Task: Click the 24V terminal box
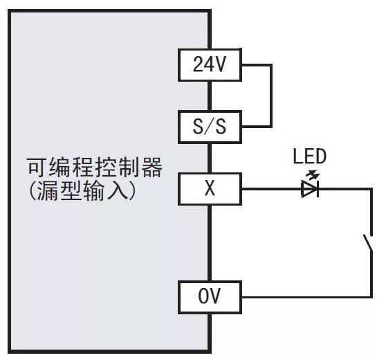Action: (210, 65)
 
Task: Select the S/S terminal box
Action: (210, 127)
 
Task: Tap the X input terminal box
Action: (210, 189)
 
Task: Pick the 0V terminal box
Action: (210, 297)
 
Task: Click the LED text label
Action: (310, 156)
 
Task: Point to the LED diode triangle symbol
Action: (310, 189)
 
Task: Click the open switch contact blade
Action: (368, 243)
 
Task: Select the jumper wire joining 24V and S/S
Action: (271, 96)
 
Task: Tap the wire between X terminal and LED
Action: (271, 189)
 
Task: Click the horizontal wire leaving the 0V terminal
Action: (306, 297)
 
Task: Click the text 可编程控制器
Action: (95, 168)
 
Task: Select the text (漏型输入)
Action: (82, 190)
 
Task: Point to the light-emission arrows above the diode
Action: (313, 175)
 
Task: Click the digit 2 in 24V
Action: (199, 64)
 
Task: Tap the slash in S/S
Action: (210, 127)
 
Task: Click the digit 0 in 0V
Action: (203, 296)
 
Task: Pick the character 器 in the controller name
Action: (152, 168)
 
